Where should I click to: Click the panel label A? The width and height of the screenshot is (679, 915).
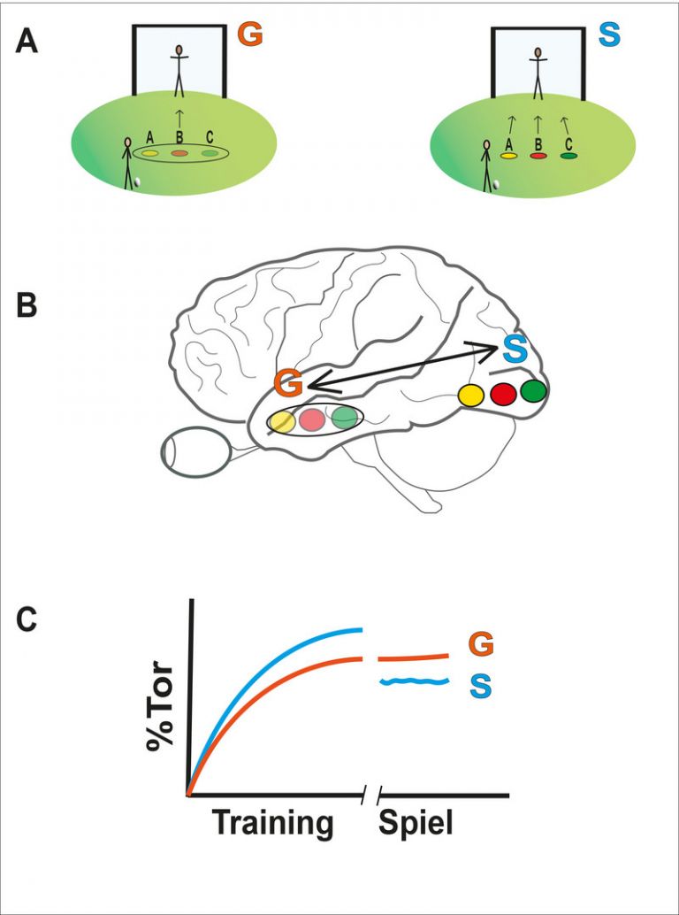point(27,42)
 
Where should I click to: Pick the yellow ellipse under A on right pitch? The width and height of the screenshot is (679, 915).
point(508,156)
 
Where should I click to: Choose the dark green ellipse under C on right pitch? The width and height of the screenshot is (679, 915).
point(568,156)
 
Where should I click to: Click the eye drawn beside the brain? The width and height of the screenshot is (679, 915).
point(195,452)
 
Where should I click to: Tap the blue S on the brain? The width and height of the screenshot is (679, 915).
point(517,349)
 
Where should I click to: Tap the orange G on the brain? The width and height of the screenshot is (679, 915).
point(289,384)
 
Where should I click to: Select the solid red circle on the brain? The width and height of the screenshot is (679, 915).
point(503,395)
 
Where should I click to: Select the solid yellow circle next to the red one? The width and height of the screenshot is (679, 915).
point(470,396)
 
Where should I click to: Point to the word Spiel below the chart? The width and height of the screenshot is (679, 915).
point(416,823)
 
